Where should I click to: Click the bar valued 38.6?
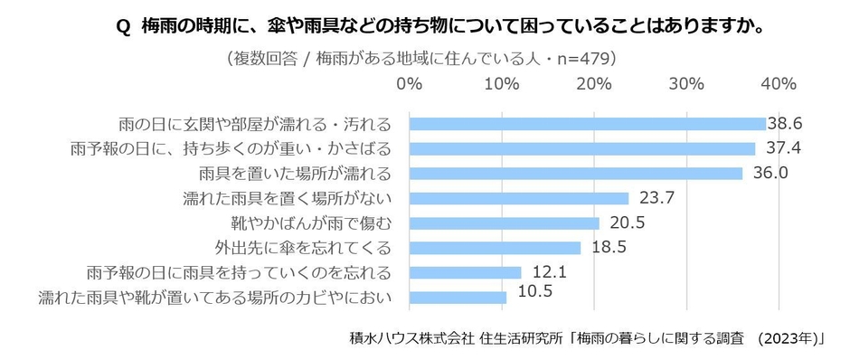588,124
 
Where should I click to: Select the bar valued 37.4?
582,148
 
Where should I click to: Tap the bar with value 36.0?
576,173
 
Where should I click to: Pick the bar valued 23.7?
519,198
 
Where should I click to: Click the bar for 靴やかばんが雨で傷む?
505,223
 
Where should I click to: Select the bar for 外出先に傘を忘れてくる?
496,247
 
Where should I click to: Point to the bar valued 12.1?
466,272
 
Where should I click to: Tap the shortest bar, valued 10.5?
458,297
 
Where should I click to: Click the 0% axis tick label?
410,84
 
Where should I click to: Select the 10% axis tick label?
502,84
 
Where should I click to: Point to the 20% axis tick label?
594,84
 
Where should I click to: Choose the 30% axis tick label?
686,84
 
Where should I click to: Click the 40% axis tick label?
778,84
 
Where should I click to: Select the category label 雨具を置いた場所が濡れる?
295,173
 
